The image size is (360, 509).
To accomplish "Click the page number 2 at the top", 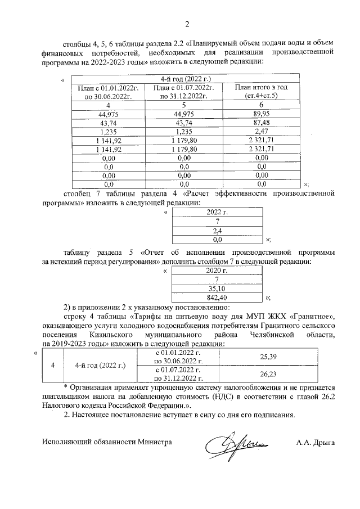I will (x=187, y=23).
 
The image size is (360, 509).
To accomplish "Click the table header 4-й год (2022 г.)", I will (x=186, y=79).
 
